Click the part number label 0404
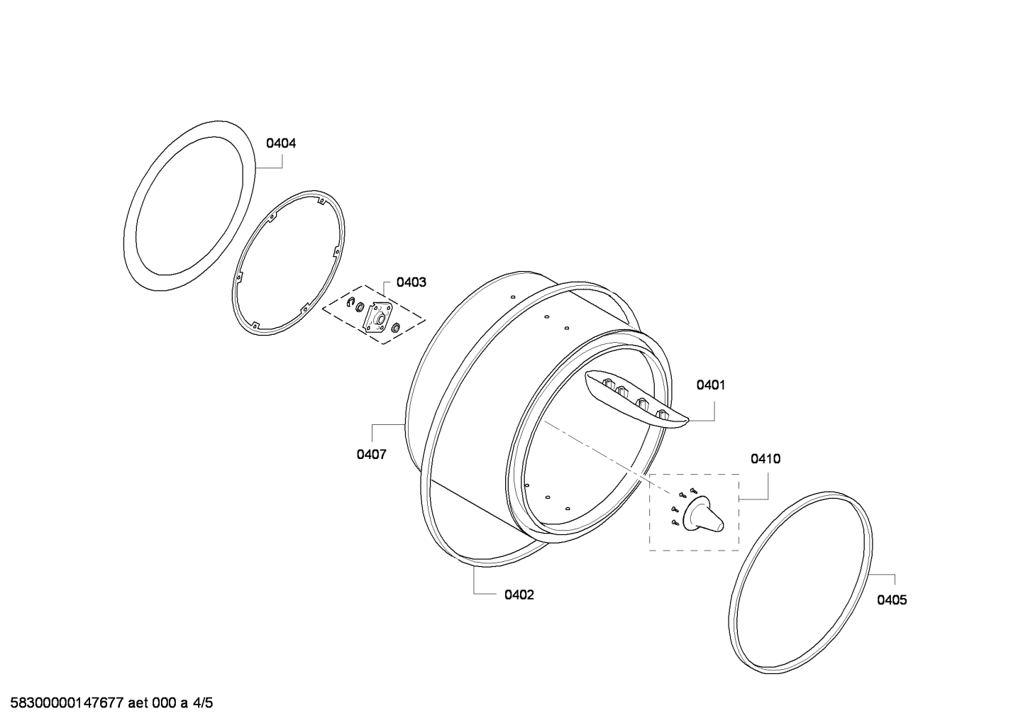281,143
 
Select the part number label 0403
411,282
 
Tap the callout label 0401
711,385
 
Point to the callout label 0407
371,454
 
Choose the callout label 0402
519,595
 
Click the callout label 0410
765,458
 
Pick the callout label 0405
892,600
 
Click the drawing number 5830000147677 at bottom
67,703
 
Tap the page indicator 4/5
203,703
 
